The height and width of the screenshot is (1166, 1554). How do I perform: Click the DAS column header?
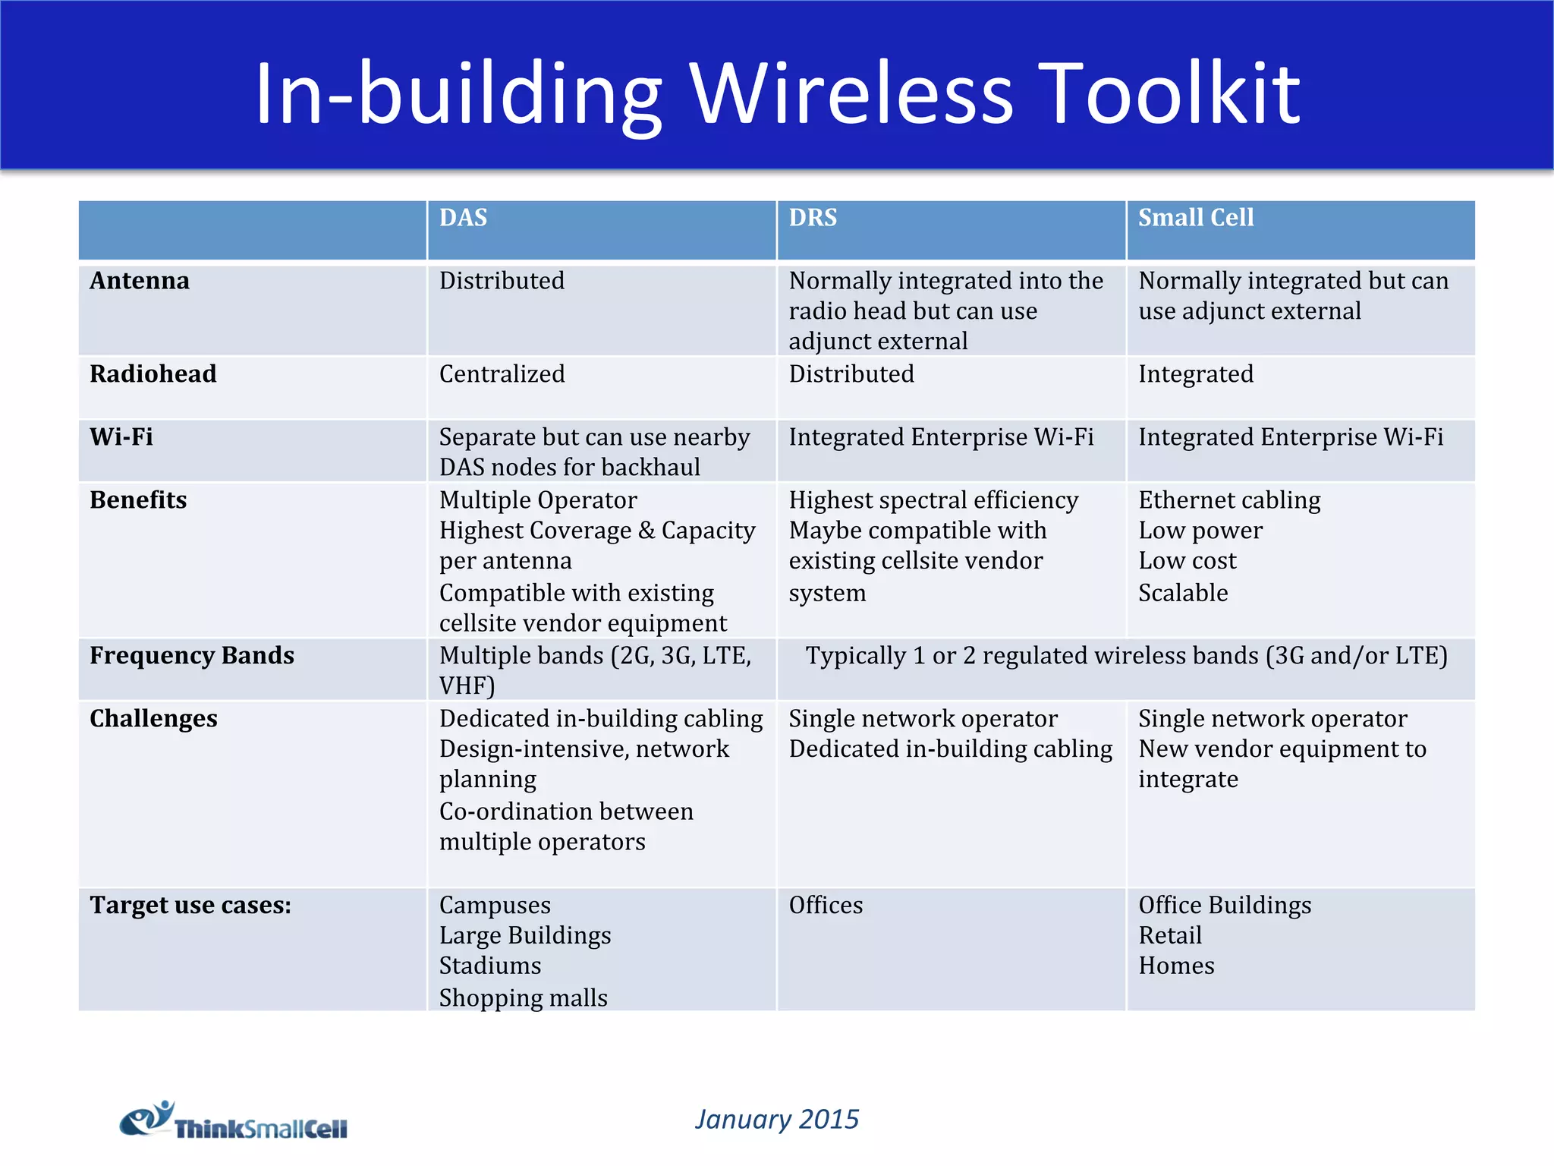463,218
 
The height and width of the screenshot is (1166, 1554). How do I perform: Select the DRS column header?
813,218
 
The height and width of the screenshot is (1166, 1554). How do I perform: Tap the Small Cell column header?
1195,218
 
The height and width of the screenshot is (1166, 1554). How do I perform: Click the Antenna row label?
140,281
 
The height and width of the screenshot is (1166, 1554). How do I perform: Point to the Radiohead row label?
153,374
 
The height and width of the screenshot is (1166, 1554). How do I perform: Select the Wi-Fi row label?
121,437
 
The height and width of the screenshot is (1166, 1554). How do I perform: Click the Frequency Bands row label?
191,656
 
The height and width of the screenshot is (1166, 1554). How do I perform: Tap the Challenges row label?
153,719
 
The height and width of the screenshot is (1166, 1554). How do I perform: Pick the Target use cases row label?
190,906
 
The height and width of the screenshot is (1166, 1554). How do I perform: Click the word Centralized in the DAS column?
502,374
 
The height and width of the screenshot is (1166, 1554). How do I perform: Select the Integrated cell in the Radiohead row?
1195,374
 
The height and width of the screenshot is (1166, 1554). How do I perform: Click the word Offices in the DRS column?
826,906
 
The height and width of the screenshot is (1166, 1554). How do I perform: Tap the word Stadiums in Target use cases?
490,966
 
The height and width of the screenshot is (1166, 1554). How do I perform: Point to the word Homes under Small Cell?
1176,966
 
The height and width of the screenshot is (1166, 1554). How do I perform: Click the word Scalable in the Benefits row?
1182,593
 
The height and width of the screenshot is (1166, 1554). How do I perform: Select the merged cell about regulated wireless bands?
1126,656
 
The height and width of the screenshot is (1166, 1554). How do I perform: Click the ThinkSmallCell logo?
234,1122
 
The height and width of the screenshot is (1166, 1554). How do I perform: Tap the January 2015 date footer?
776,1120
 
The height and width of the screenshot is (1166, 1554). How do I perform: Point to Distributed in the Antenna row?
502,281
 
